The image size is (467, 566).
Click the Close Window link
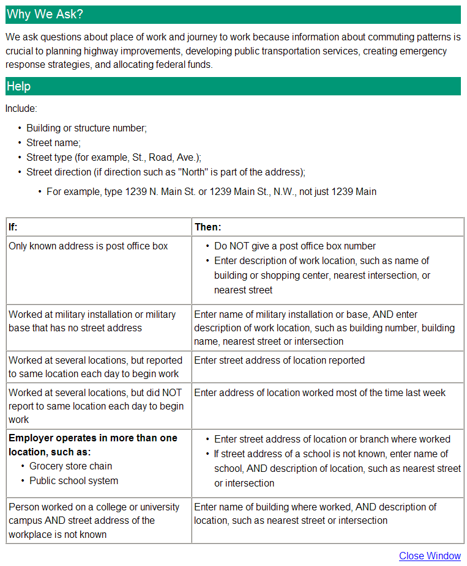[x=430, y=556]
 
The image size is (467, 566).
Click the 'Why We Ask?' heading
[x=45, y=14]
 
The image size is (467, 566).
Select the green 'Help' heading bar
[x=233, y=86]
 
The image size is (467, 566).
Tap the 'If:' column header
[x=13, y=227]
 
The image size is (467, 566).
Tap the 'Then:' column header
[x=208, y=227]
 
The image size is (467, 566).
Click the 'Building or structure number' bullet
[x=86, y=128]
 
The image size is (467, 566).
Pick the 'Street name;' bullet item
[x=53, y=143]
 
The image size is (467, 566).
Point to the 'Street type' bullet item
[x=113, y=158]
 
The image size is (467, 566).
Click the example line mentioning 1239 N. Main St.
[x=211, y=192]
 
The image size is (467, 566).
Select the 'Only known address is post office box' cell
[x=88, y=246]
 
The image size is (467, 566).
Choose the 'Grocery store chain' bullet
[x=70, y=466]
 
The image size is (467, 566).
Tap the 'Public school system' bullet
[x=73, y=481]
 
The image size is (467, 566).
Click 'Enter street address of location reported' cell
[x=279, y=361]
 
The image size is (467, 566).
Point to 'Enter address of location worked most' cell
[x=319, y=392]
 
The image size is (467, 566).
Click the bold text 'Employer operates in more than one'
[x=92, y=438]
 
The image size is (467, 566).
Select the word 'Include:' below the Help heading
[x=21, y=109]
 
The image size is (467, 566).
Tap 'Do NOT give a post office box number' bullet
[x=294, y=246]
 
